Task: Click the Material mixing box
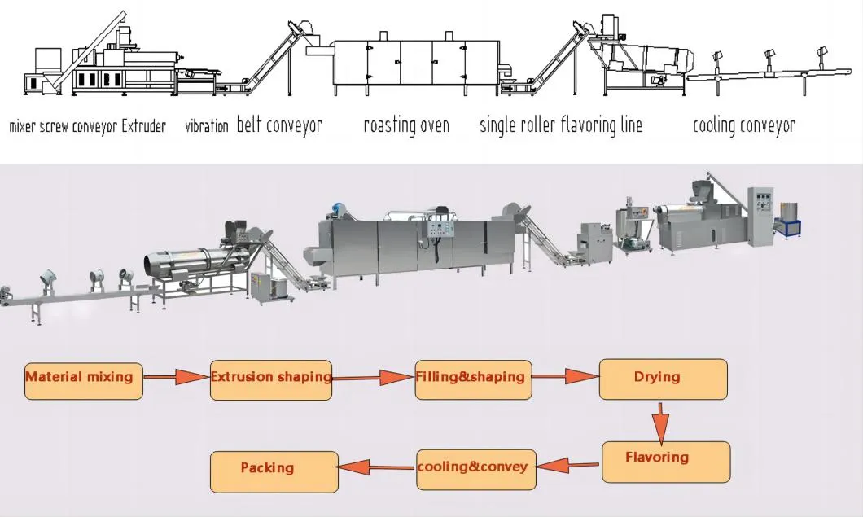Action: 84,379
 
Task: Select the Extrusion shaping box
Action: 271,379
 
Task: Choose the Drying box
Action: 664,379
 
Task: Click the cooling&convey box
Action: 476,469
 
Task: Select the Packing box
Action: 274,471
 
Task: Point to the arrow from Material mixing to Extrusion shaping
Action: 177,377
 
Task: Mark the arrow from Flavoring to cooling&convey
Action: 569,465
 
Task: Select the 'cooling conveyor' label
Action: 743,125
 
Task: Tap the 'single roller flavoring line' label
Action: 560,125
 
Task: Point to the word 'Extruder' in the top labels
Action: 143,126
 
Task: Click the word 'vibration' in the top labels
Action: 206,126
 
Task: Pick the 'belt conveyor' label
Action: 279,125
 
